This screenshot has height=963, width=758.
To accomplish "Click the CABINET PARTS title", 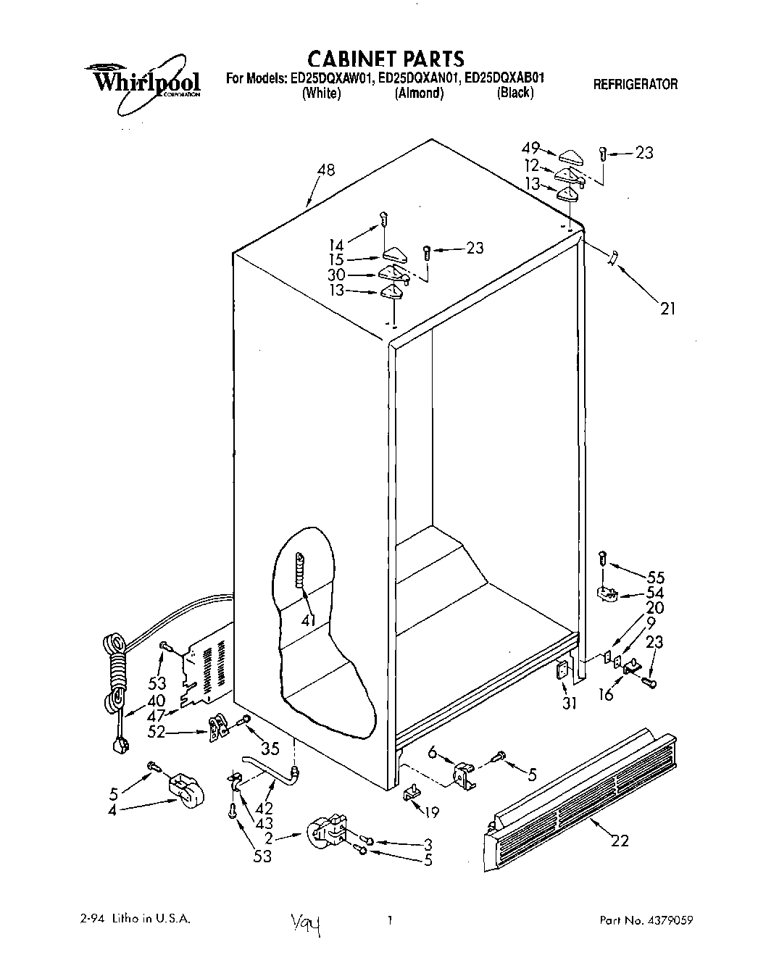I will (x=386, y=58).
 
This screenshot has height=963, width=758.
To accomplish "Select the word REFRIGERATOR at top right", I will (x=635, y=84).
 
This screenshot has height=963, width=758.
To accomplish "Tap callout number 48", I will (x=325, y=170).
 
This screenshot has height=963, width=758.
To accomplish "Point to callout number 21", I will (x=667, y=308).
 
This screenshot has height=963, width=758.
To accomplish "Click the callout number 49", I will (x=532, y=148).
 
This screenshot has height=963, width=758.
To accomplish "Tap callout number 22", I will (x=619, y=841).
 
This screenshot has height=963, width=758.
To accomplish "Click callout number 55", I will (x=654, y=578).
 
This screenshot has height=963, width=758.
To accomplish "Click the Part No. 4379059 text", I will (x=646, y=920).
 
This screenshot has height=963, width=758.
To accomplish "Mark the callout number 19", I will (x=431, y=812).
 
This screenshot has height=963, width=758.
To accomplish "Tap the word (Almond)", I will (x=418, y=93).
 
